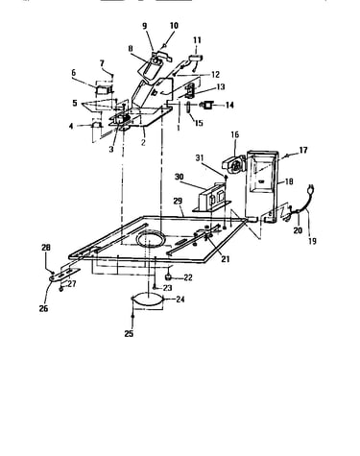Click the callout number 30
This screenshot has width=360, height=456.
(180, 177)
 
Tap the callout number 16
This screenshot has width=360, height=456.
(235, 134)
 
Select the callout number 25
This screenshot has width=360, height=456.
(129, 334)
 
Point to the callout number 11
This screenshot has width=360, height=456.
(197, 40)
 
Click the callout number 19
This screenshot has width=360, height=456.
(312, 241)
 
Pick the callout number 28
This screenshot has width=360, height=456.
(46, 248)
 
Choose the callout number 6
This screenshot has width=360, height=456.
(74, 73)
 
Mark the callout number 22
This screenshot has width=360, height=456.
(187, 277)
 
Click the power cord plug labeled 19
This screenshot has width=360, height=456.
(310, 189)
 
